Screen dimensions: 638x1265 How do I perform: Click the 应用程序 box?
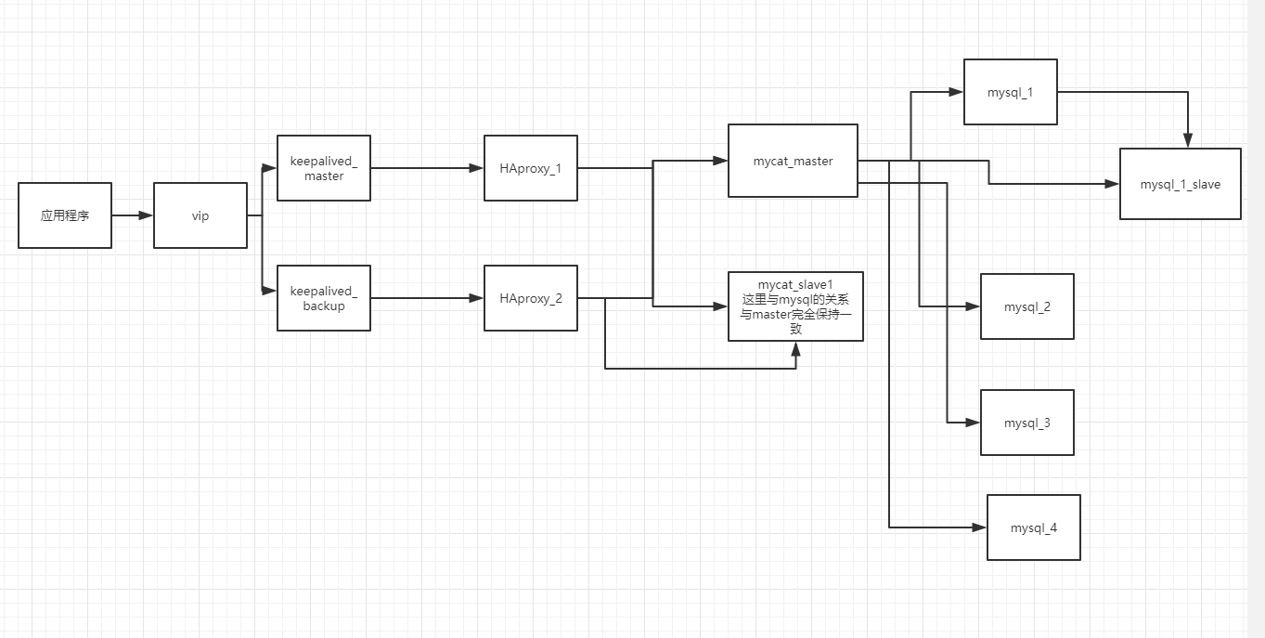point(65,215)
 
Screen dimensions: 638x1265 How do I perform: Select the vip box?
point(200,215)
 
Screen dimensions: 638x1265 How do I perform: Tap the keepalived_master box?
point(324,168)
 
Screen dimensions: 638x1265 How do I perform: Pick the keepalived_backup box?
point(324,298)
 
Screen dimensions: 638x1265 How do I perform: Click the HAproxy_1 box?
point(531,168)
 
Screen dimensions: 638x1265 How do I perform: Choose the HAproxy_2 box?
point(531,298)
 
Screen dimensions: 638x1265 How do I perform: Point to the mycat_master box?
point(793,161)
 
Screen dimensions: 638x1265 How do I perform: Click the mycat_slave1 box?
point(795,306)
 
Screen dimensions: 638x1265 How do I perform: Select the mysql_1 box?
point(1011,92)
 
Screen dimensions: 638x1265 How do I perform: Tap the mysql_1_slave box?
point(1181,184)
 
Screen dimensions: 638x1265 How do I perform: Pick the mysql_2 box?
point(1027,306)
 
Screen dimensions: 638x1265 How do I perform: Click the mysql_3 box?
point(1027,423)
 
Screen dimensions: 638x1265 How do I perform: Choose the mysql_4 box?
point(1034,527)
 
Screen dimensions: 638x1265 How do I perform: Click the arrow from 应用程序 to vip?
point(133,215)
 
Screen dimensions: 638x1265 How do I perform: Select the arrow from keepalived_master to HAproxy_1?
point(427,168)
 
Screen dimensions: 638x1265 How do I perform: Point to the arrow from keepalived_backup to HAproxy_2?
point(427,298)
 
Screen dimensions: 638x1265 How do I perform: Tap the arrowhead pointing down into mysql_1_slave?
point(1188,141)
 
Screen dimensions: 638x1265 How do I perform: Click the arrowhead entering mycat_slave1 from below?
point(796,348)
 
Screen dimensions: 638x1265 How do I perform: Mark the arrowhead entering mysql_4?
point(979,527)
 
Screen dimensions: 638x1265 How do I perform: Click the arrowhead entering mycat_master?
point(721,161)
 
